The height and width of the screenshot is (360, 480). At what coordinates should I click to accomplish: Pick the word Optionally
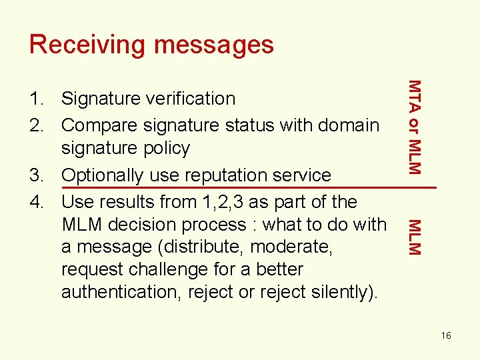pos(104,175)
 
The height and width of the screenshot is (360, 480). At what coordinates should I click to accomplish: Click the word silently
pos(340,292)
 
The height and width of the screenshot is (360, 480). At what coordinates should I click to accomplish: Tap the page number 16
pos(445,335)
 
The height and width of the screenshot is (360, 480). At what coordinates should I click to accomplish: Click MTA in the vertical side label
pos(414,93)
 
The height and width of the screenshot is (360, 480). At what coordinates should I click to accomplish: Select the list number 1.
pos(35,99)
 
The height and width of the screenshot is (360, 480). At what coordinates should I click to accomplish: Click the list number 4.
pos(35,201)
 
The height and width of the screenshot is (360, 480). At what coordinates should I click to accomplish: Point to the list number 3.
pos(35,175)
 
